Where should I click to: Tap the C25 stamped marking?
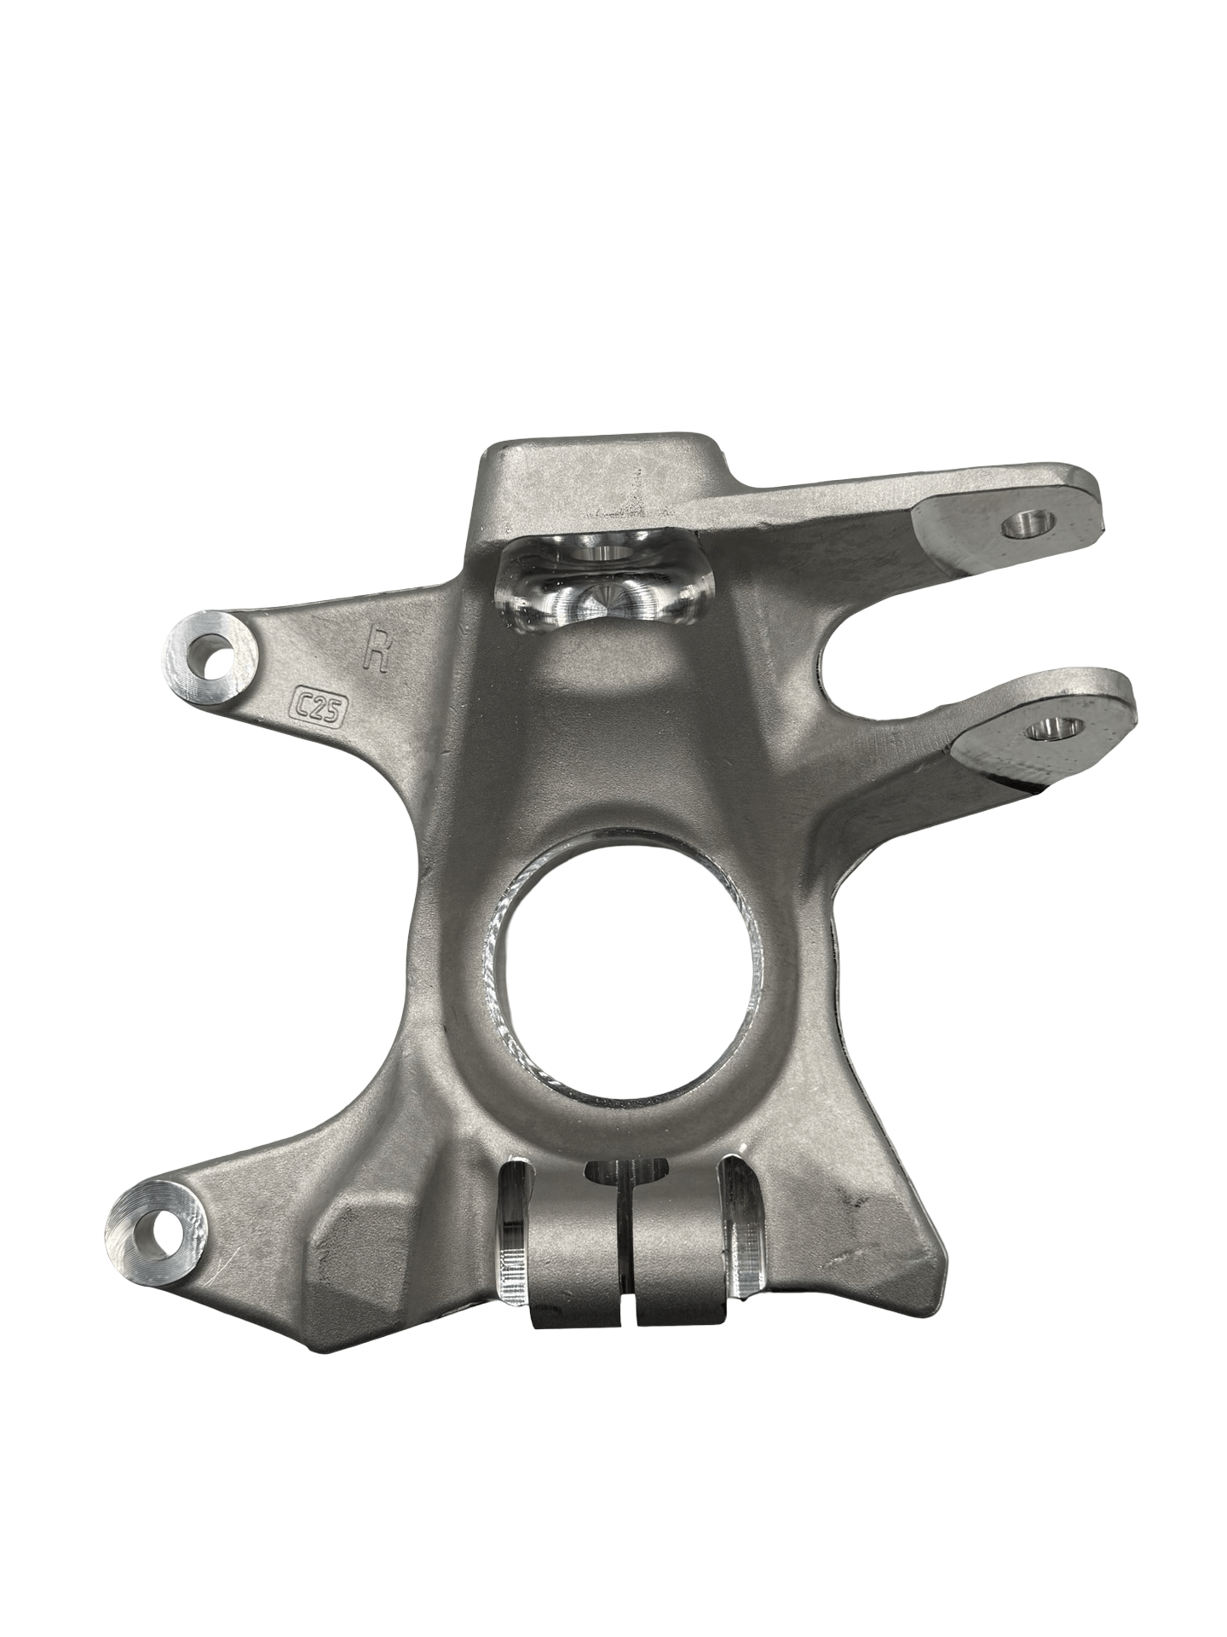[317, 703]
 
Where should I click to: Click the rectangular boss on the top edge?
[596, 482]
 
